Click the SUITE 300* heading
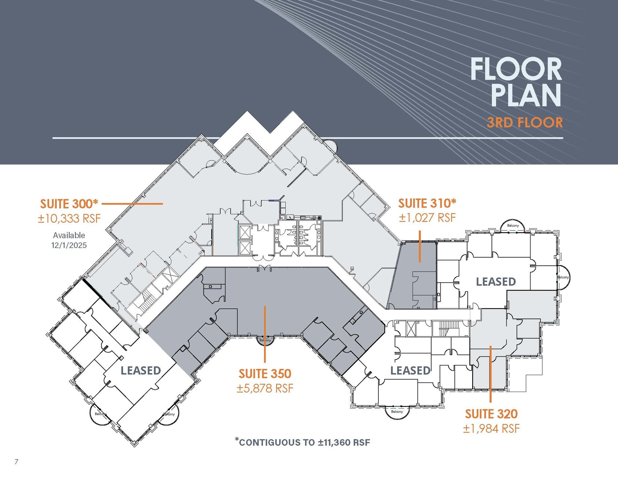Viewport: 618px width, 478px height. tap(69, 204)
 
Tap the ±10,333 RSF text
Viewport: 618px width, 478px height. tap(69, 218)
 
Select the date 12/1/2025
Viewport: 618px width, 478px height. tap(69, 245)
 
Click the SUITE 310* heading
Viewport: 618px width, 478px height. tap(427, 203)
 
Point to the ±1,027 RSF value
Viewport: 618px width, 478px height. tap(427, 218)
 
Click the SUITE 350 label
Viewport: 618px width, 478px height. tap(265, 374)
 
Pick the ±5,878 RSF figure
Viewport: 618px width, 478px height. tap(265, 388)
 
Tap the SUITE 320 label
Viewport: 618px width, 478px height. tap(491, 414)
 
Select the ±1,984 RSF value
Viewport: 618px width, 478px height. tap(491, 428)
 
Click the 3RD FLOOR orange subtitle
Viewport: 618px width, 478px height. tap(525, 123)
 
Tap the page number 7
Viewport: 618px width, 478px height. tap(17, 461)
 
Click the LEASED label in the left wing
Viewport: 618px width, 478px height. tap(141, 371)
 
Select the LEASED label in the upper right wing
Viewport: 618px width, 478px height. tap(496, 282)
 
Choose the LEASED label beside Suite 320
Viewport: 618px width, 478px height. tap(410, 371)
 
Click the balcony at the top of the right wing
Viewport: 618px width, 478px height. tap(513, 226)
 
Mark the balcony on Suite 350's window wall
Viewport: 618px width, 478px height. tap(265, 340)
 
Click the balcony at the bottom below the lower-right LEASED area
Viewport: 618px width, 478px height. tap(397, 412)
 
